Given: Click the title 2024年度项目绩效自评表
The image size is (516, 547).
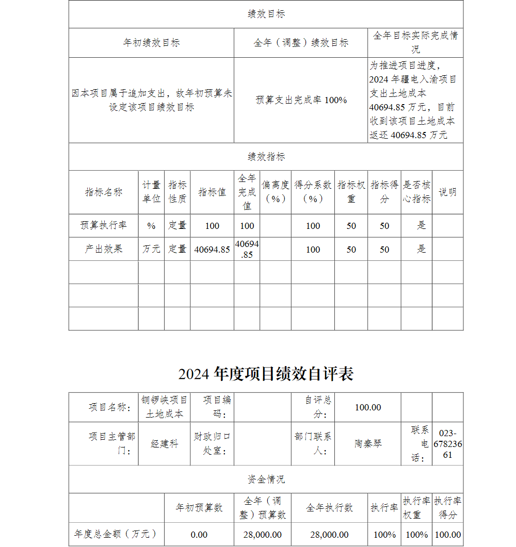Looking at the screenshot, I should point(266,374).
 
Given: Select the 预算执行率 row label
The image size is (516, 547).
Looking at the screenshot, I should point(103,225).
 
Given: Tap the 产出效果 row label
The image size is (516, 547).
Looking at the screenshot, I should point(103,249).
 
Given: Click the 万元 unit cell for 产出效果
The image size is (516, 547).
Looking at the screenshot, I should point(151,249).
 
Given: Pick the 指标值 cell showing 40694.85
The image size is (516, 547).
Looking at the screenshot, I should point(212,250).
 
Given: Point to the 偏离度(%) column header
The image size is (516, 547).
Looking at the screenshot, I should point(275,192).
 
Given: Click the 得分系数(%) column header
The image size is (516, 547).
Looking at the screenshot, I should point(313,192).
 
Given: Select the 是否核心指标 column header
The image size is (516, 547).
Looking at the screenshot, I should point(416,192).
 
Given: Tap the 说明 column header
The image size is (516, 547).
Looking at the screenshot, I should point(447,192).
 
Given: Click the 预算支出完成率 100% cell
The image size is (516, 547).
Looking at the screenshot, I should point(301,100).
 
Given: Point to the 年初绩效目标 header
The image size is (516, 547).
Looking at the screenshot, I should point(151,43).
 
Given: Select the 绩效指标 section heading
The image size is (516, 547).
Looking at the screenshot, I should point(266,157).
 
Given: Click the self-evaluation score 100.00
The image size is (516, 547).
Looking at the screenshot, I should point(367,407).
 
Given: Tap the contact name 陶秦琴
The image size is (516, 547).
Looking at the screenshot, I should point(367,443).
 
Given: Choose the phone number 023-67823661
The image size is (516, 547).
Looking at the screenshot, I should point(447,444).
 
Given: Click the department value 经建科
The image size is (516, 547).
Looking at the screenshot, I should point(164,443).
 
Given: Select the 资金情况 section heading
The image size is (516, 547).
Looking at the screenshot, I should point(266,479).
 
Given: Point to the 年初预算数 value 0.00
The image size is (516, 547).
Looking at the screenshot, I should point(199,535).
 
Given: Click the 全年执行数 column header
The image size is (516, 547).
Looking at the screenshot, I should point(329,508).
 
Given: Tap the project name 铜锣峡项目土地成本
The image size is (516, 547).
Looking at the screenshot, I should point(164,407).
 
